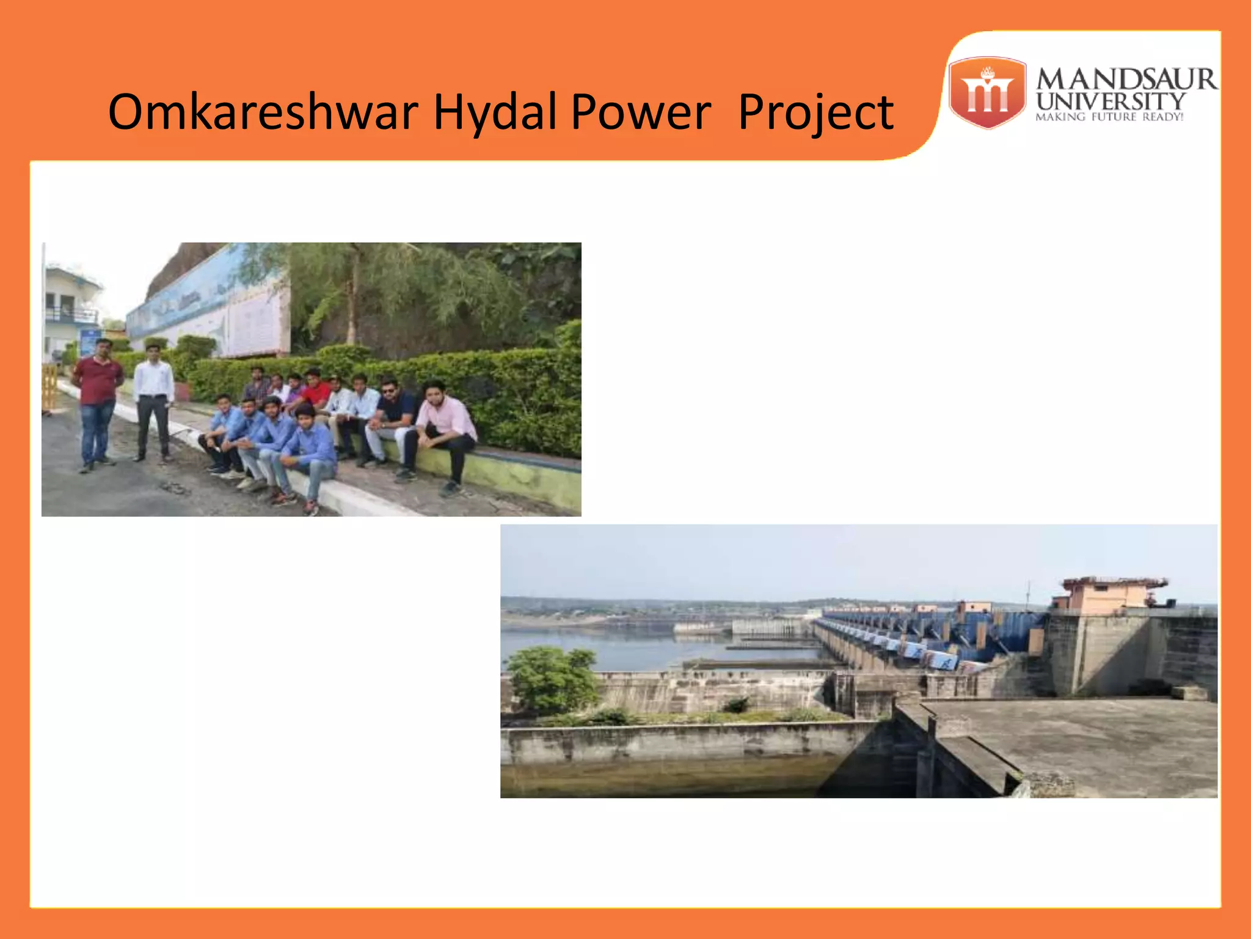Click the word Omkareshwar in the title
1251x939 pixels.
pos(263,112)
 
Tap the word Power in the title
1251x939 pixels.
pos(641,112)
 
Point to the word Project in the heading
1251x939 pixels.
pos(815,113)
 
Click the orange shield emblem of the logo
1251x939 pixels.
pos(987,93)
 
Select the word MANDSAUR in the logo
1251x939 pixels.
pos(1126,79)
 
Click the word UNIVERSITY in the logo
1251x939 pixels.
pos(1111,101)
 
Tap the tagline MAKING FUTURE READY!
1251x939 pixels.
pos(1109,117)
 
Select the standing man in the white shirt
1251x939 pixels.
pos(153,400)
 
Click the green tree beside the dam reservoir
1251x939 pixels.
pos(550,679)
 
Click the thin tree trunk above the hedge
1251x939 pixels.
pos(352,300)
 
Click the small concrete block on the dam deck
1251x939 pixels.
pos(1188,693)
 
